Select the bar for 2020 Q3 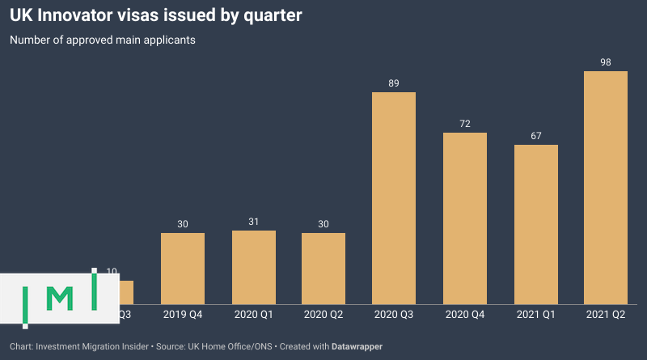point(394,198)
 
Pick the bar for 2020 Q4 point(465,218)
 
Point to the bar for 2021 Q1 point(536,224)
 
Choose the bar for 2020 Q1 point(254,267)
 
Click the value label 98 point(606,62)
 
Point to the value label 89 point(394,83)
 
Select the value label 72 point(465,124)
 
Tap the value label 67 point(536,136)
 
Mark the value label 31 point(254,222)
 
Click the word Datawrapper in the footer point(357,346)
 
